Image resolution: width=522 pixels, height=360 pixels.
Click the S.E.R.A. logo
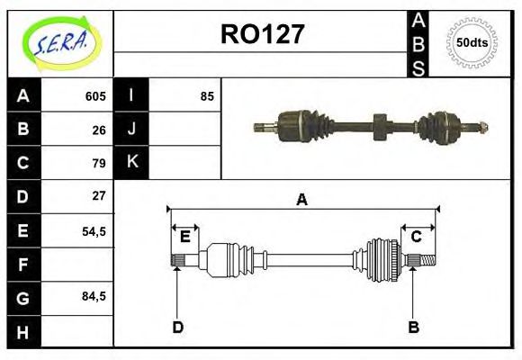point(60,42)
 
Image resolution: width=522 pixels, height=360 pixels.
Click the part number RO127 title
point(262,35)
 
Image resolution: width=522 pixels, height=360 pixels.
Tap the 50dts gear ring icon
point(472,42)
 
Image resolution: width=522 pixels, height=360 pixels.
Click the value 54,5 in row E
point(94,230)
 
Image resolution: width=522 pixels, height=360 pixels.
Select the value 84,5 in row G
point(94,296)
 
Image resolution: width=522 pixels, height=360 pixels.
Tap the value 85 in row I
point(207,96)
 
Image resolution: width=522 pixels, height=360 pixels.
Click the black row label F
point(22,264)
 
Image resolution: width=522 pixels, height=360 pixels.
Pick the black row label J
point(131,130)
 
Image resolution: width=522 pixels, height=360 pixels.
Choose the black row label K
point(131,163)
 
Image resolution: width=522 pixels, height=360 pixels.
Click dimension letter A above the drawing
point(302,200)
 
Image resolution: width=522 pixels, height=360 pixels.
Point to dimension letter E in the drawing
point(184,238)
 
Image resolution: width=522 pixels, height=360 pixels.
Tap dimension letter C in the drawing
point(417,238)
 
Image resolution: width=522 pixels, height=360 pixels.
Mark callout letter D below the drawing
point(177,327)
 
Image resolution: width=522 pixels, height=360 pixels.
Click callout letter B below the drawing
point(414,327)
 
